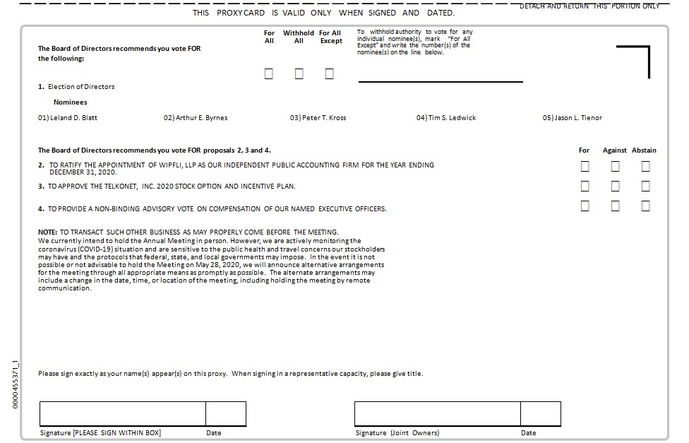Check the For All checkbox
[269, 74]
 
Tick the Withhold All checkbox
[299, 74]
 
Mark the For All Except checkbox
[330, 74]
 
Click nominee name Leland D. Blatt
[68, 118]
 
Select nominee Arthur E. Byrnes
[196, 118]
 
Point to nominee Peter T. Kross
[318, 118]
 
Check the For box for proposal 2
[585, 167]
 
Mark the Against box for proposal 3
[615, 187]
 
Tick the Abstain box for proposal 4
[645, 206]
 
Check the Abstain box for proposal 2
[645, 167]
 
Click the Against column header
[615, 150]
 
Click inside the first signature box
[122, 413]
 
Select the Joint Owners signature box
[437, 413]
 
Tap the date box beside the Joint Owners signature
[541, 413]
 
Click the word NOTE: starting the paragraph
[47, 232]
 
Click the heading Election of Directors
[80, 87]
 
